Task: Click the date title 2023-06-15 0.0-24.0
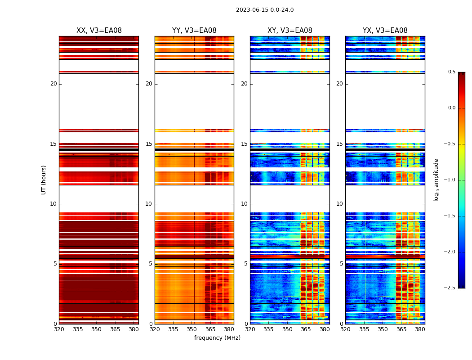tap(264, 10)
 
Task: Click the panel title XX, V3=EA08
tap(99, 31)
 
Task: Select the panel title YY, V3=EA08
tap(194, 31)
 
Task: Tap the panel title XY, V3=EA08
tap(289, 31)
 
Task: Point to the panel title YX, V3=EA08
tap(385, 31)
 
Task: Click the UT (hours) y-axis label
tap(44, 180)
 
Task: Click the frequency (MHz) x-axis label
tap(217, 338)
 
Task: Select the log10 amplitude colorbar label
tap(436, 180)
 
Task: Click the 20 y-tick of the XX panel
tap(53, 84)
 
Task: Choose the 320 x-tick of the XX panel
tap(59, 329)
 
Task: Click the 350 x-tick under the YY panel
tap(192, 329)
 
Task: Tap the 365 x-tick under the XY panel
tap(306, 329)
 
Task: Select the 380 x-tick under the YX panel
tap(420, 329)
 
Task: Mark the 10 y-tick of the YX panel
tap(340, 204)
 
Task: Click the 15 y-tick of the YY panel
tap(149, 144)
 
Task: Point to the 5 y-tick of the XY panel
tap(246, 264)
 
